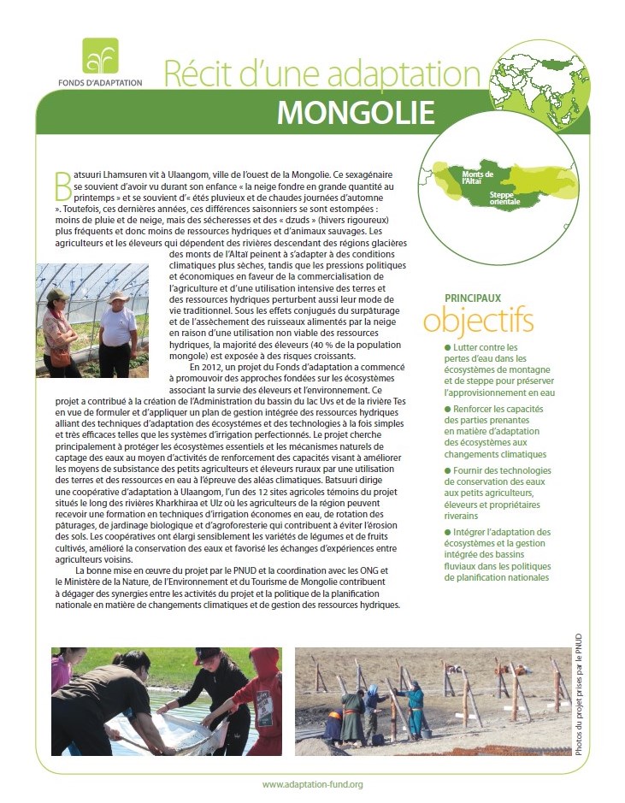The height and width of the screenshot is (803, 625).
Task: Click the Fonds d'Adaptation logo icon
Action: click(100, 56)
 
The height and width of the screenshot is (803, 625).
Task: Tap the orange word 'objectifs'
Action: click(478, 321)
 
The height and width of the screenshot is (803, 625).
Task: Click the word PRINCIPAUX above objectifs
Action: click(473, 298)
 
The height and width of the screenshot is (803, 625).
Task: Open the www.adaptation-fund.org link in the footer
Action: click(312, 784)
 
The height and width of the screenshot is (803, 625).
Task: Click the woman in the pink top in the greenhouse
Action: click(58, 327)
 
